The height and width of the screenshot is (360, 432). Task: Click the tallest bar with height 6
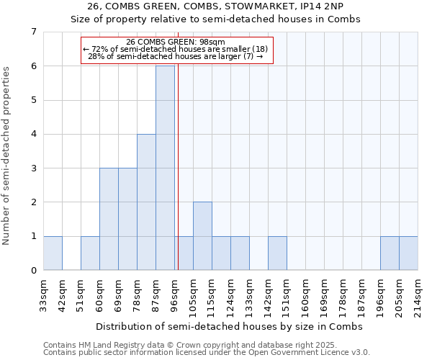[165, 168]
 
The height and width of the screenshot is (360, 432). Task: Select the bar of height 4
[146, 202]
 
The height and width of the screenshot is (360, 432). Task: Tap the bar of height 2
[202, 235]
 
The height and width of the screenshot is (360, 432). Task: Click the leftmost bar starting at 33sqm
[53, 253]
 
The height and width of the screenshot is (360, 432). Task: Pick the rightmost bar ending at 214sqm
[408, 253]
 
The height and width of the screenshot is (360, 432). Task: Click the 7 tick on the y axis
[33, 32]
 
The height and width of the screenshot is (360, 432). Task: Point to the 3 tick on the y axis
[33, 168]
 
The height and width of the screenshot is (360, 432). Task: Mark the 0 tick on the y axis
[33, 271]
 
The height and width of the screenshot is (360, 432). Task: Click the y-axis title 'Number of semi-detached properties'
[7, 156]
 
